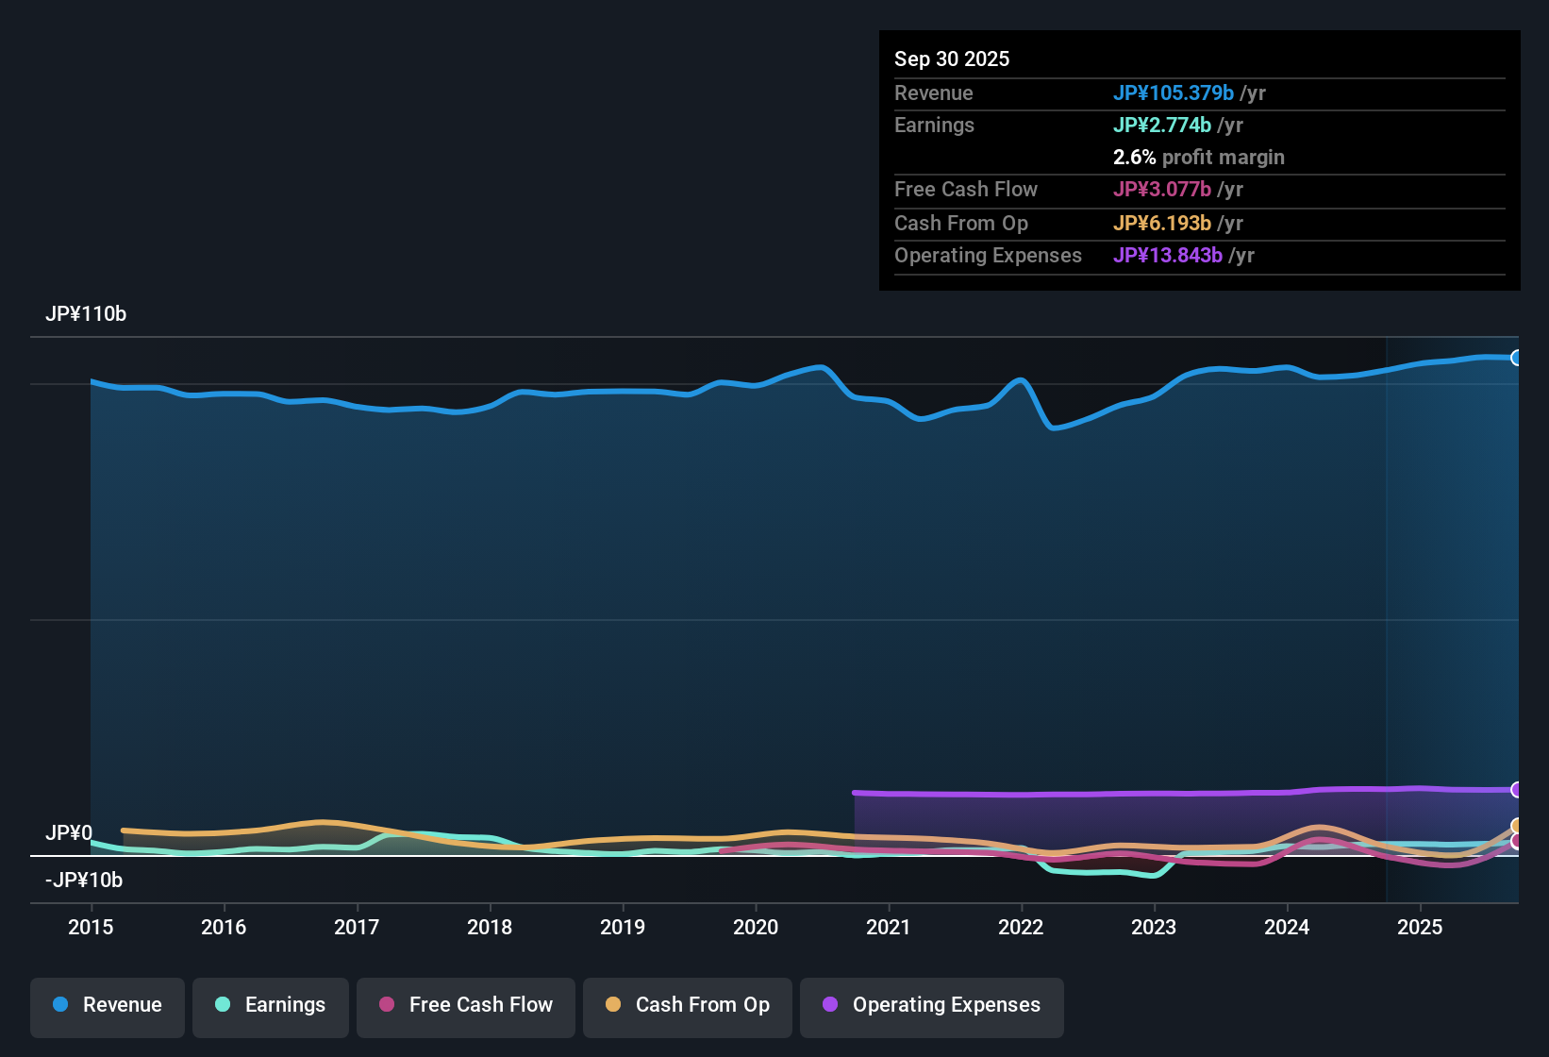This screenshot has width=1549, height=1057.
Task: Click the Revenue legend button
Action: pyautogui.click(x=108, y=1005)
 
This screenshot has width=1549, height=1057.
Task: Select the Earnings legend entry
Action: pyautogui.click(x=271, y=1005)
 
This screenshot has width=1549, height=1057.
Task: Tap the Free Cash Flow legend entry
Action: pyautogui.click(x=466, y=1005)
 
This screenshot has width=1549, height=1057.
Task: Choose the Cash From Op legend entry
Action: pyautogui.click(x=688, y=1005)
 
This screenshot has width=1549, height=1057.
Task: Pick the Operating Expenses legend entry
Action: pyautogui.click(x=932, y=1005)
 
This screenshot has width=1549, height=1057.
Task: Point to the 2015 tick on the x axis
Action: pyautogui.click(x=91, y=927)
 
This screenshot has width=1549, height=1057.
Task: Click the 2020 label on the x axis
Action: pyautogui.click(x=756, y=927)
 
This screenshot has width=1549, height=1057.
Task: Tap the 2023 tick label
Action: pyautogui.click(x=1154, y=927)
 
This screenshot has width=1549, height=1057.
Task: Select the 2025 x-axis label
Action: pyautogui.click(x=1420, y=927)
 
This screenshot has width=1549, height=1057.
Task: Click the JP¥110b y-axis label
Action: pyautogui.click(x=86, y=314)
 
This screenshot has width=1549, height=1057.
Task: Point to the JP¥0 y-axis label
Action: pyautogui.click(x=69, y=832)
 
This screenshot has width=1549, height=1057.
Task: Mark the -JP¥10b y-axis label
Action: pyautogui.click(x=84, y=880)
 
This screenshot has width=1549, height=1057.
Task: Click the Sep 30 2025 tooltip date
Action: pyautogui.click(x=952, y=59)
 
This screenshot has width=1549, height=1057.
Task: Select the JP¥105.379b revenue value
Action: pyautogui.click(x=1174, y=92)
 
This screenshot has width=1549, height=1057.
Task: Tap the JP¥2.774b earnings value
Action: pyautogui.click(x=1162, y=125)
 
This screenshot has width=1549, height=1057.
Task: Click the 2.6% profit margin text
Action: pyautogui.click(x=1198, y=157)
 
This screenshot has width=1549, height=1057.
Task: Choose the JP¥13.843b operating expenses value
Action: pyautogui.click(x=1168, y=255)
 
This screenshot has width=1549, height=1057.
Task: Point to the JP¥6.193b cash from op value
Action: pyautogui.click(x=1162, y=223)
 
